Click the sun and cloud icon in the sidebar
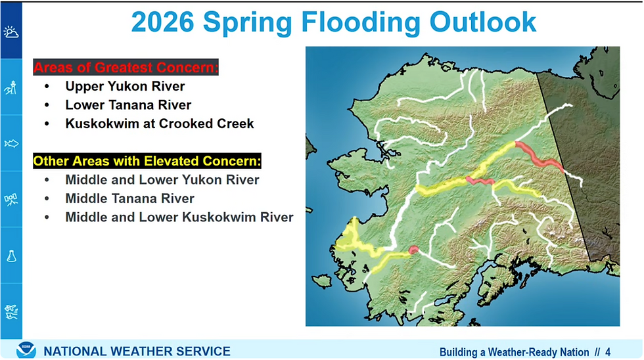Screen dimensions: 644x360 tap(11, 32)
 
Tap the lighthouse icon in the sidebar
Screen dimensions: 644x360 tap(11, 87)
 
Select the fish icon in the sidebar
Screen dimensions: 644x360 tap(11, 143)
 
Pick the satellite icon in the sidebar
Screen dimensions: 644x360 tap(11, 200)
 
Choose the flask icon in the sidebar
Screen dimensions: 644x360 tap(11, 256)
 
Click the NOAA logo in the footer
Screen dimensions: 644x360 tap(26, 350)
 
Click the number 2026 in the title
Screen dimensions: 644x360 tap(163, 22)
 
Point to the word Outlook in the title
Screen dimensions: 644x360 tap(483, 22)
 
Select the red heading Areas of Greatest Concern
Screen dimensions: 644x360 tap(126, 67)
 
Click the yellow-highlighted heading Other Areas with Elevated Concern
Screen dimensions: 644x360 tap(147, 161)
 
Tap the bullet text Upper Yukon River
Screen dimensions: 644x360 tap(125, 86)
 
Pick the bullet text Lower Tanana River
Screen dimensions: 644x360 tap(128, 104)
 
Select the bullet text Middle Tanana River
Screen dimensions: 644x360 tap(130, 198)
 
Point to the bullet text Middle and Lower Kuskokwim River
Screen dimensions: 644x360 tap(179, 217)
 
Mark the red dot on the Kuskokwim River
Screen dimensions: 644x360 tap(413, 250)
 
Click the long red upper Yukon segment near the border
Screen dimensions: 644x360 tap(538, 158)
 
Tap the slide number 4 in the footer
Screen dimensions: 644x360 tap(608, 352)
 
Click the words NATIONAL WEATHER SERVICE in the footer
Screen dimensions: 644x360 tap(137, 351)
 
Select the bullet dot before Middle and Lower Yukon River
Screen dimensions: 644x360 tap(47, 180)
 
